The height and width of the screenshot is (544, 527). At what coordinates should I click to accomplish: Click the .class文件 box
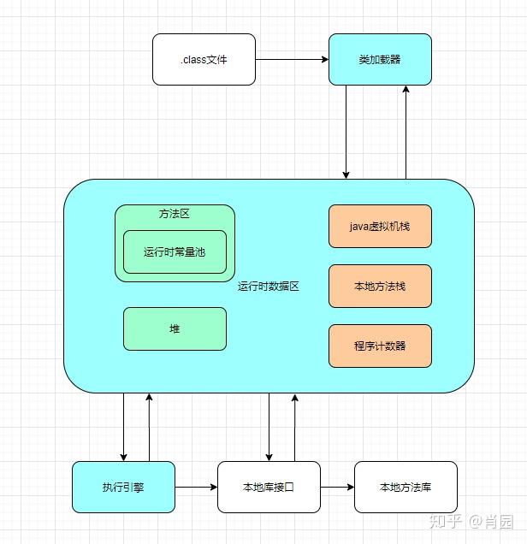pos(204,59)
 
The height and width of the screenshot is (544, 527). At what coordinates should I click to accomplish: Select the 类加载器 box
pos(380,59)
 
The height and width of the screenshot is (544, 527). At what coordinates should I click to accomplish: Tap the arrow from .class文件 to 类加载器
pos(292,59)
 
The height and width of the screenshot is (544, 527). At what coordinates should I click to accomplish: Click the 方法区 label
pos(175,214)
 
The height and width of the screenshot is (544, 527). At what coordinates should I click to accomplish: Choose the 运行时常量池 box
pos(175,251)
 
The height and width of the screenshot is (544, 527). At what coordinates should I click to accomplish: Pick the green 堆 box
pos(175,328)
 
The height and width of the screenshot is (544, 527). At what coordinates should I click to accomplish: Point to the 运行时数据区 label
pos(268,287)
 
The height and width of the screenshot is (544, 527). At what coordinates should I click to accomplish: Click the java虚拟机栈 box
pos(380,226)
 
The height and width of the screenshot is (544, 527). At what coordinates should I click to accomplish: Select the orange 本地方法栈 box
pos(380,286)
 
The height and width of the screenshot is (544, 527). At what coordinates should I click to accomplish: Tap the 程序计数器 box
pos(380,346)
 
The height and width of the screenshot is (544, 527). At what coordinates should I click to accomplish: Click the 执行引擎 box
pos(123,487)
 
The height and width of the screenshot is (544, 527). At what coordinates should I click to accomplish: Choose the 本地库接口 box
pos(269,487)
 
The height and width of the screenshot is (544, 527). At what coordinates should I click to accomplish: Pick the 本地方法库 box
pos(406,487)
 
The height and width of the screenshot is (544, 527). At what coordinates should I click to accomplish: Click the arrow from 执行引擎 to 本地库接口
pos(196,487)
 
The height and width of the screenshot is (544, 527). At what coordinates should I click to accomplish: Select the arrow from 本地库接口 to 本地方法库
pos(337,487)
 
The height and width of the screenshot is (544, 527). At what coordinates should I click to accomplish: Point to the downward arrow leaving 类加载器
pos(346,133)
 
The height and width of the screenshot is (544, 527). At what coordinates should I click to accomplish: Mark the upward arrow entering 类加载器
pos(406,133)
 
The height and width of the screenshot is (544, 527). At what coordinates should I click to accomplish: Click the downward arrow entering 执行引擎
pos(123,427)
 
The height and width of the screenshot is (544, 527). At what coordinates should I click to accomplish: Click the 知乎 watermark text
pos(446,522)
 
